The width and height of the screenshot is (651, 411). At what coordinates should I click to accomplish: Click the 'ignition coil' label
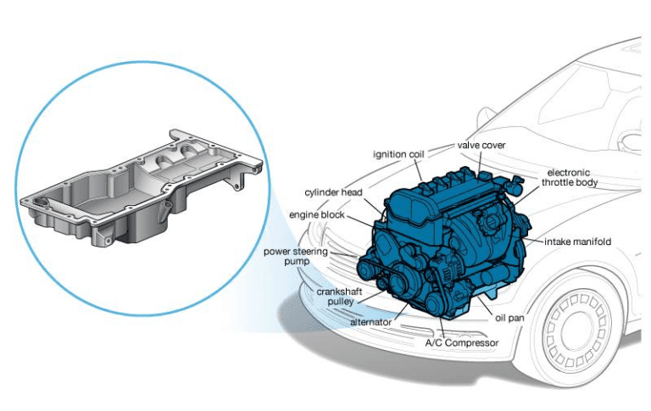click(x=401, y=154)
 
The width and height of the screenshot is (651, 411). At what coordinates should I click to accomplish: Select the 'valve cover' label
click(x=481, y=145)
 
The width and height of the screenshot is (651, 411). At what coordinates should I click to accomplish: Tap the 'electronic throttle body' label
click(x=573, y=176)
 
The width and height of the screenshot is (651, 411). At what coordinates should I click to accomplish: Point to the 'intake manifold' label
click(x=578, y=242)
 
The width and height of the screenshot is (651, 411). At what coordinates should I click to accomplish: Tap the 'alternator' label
click(x=370, y=322)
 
